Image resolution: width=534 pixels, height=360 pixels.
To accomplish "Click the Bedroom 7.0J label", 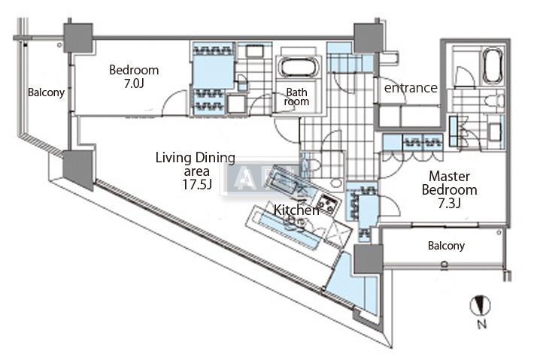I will point(134,77).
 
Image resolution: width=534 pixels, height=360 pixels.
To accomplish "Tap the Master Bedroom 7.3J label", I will point(453,190).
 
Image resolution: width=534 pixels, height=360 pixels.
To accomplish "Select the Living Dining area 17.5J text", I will point(195,170).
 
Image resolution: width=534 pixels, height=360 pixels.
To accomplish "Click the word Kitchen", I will point(296,210).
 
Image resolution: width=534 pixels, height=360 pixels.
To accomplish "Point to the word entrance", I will point(411,88).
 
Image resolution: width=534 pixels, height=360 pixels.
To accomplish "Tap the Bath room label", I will point(296,98).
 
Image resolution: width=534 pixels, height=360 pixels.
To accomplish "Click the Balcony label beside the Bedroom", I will point(46,93).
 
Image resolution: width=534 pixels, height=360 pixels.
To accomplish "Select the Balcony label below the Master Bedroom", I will point(446,246).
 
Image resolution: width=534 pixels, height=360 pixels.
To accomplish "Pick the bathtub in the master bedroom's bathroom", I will point(492,67).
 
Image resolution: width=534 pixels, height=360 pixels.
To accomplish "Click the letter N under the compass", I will point(481,325).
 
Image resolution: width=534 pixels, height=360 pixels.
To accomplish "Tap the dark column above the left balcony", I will point(78,38).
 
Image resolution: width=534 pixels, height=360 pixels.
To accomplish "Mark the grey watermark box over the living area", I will point(250,177).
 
